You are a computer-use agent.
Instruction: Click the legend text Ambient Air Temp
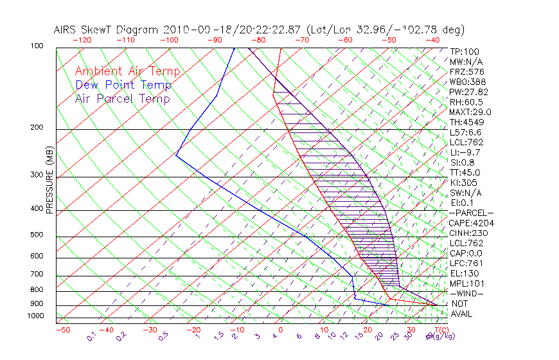[127, 71]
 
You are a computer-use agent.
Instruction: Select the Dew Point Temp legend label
[123, 85]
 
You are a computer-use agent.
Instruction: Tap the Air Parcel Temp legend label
[122, 98]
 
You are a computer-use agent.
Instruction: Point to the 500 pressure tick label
[37, 235]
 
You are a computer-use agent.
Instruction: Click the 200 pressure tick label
[37, 128]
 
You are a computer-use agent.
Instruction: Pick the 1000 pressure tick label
[35, 316]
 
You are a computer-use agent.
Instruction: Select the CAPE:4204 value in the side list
[471, 223]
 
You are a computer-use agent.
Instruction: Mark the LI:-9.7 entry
[465, 152]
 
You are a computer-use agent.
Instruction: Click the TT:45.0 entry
[465, 172]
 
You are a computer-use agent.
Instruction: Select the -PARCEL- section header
[471, 213]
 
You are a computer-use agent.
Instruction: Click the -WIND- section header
[466, 293]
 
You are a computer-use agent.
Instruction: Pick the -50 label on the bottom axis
[62, 330]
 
